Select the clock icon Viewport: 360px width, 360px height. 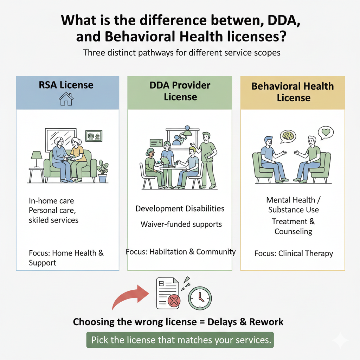(x=200, y=298)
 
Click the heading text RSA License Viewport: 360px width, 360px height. (x=67, y=85)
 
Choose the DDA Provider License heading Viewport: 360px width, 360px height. (x=180, y=91)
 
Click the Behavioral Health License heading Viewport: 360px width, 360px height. (x=293, y=91)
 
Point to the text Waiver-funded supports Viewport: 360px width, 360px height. (x=181, y=224)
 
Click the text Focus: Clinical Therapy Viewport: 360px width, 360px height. (x=294, y=253)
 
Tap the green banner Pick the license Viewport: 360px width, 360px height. (x=180, y=340)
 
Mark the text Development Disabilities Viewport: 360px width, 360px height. (x=180, y=208)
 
